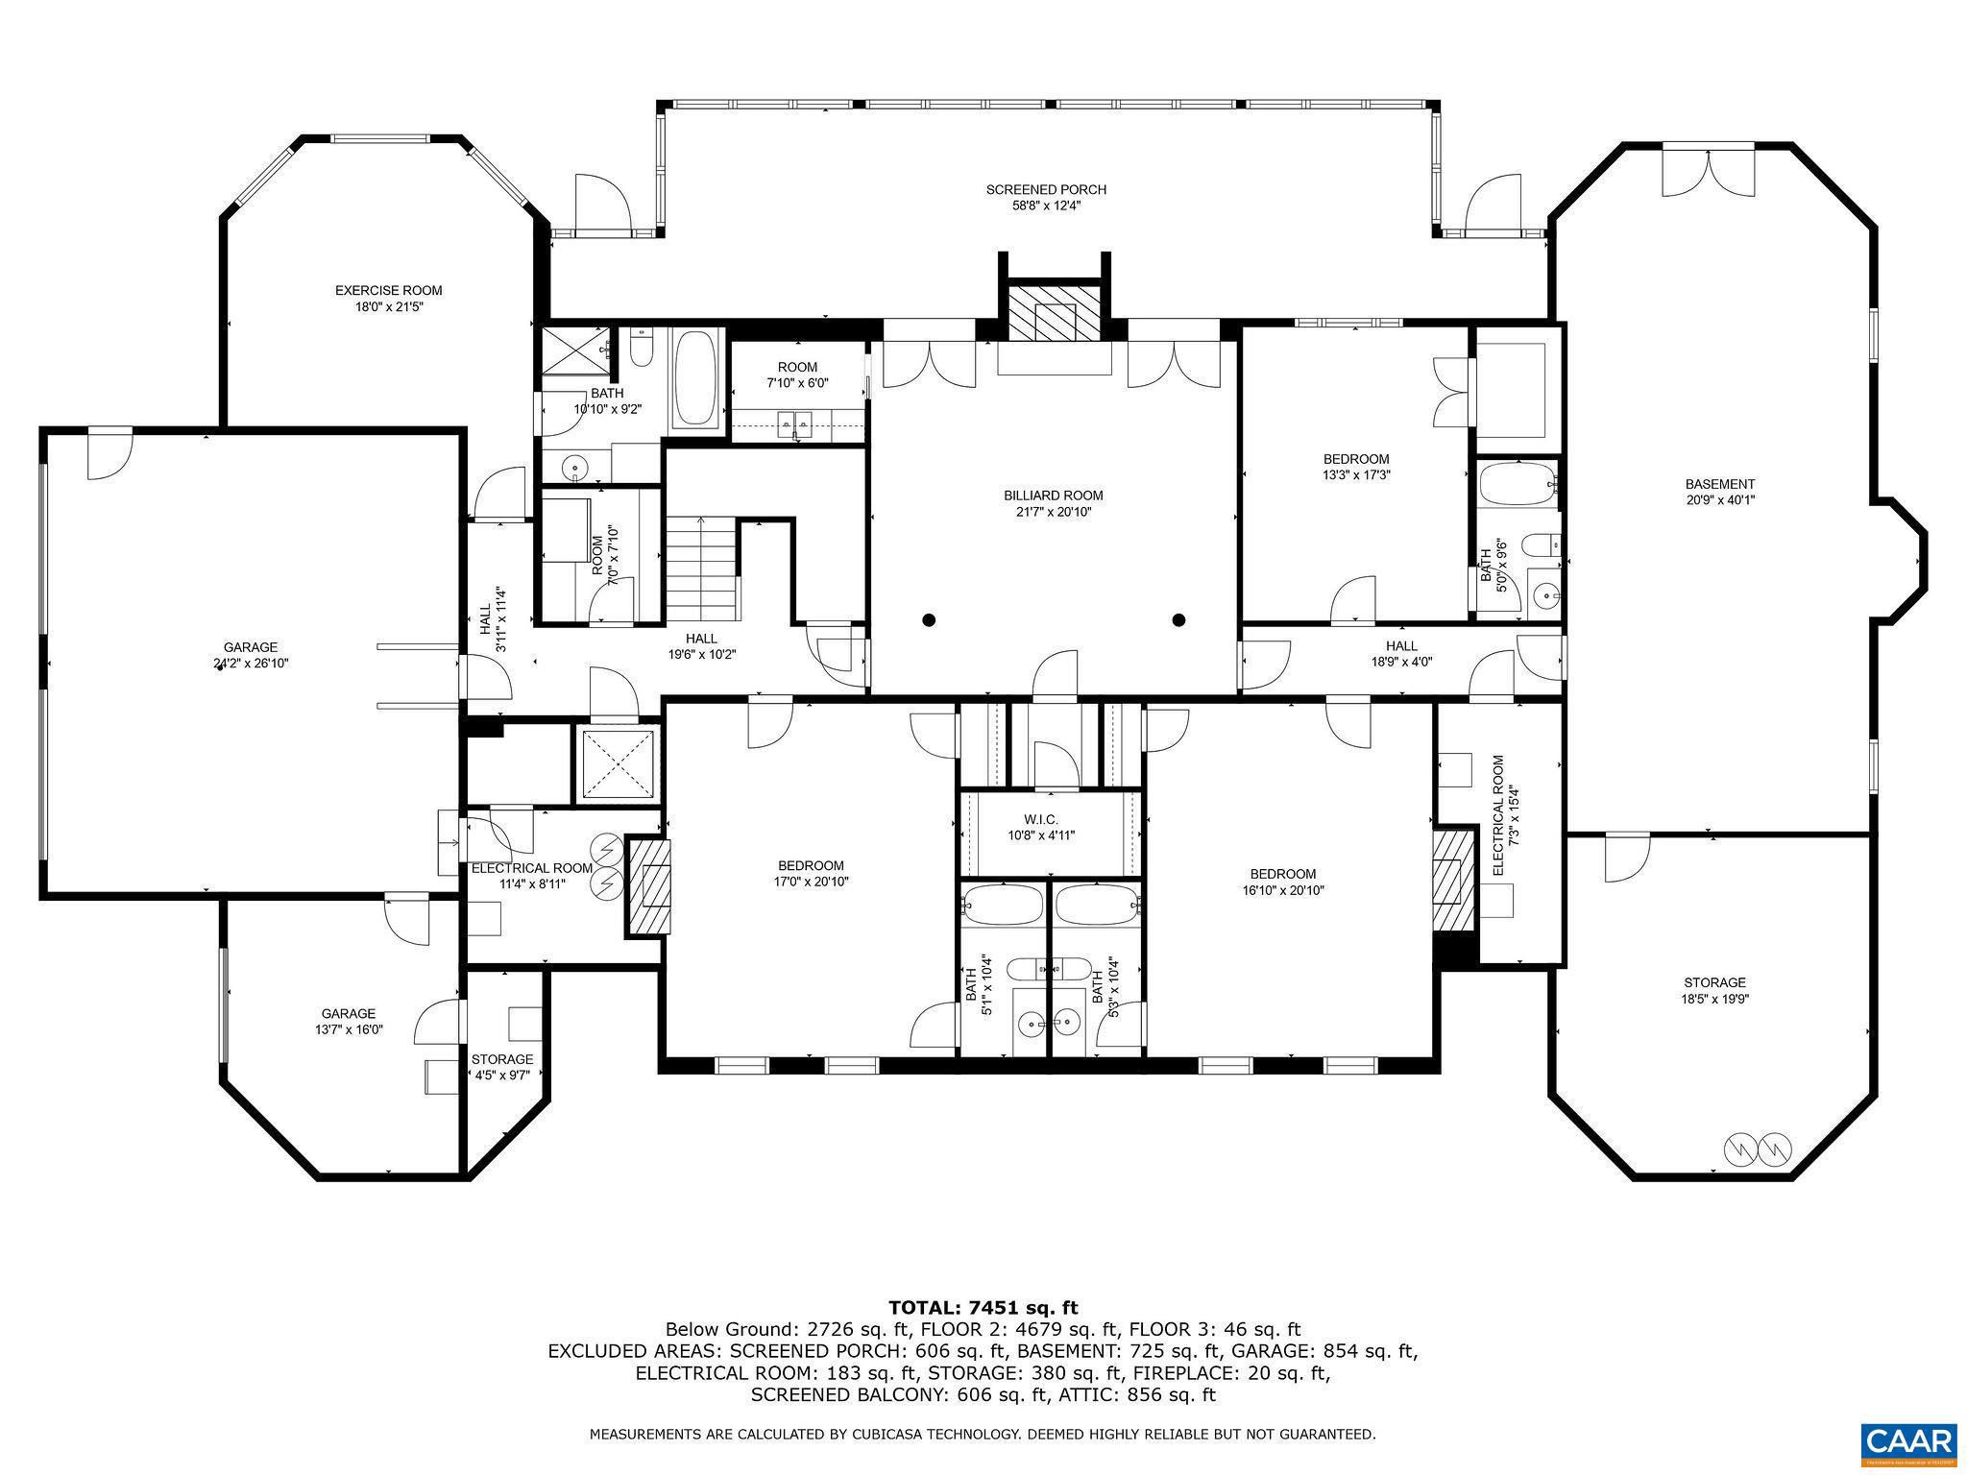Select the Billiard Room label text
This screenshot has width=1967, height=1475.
(x=1054, y=496)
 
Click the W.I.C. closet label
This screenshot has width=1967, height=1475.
(x=1040, y=819)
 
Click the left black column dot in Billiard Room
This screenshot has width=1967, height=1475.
(x=929, y=619)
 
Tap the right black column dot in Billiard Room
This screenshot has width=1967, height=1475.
(x=1179, y=619)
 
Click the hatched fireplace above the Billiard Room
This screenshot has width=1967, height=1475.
(x=1053, y=312)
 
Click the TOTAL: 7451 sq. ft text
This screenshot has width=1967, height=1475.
(x=983, y=1307)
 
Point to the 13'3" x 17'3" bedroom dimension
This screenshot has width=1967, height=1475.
(x=1355, y=474)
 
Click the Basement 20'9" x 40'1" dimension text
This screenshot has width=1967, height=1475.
(x=1720, y=499)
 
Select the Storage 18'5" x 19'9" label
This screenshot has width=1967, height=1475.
(x=1714, y=990)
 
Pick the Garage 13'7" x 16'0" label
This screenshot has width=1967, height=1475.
(x=348, y=1021)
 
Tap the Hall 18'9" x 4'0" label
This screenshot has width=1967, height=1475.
(x=1401, y=653)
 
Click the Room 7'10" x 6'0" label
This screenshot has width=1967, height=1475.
(x=797, y=375)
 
